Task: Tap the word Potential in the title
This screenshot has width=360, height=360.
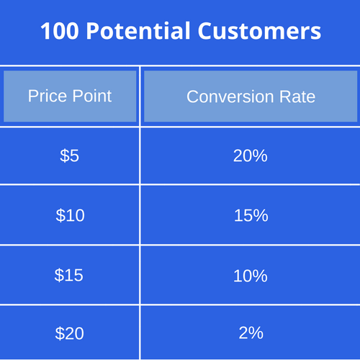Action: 135,32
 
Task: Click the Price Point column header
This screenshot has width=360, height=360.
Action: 70,96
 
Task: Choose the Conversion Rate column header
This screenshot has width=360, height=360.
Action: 251,96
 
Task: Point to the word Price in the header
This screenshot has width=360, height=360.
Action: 47,96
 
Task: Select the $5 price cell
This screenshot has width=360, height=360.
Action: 70,156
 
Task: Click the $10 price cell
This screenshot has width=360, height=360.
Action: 70,215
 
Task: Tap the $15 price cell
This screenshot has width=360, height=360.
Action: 70,274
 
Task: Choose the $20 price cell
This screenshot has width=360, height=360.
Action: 70,333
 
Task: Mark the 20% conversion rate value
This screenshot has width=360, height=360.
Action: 251,156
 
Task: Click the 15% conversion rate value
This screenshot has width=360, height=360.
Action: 251,215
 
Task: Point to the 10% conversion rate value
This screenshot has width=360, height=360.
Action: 251,274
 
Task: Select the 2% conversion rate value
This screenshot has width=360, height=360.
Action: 251,333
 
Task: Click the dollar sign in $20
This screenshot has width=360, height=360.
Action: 60,333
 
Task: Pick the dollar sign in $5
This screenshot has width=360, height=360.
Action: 65,156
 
